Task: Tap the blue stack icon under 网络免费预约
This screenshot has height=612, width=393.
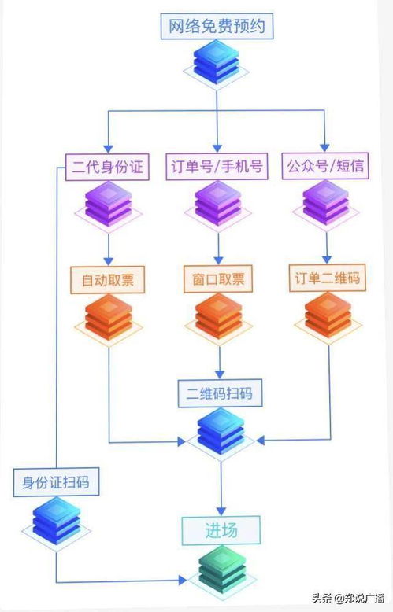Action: click(x=217, y=65)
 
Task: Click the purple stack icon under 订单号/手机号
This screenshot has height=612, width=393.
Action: click(x=218, y=205)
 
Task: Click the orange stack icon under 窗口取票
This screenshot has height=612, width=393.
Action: click(x=218, y=318)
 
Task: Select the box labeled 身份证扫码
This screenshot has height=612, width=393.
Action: click(x=56, y=481)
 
